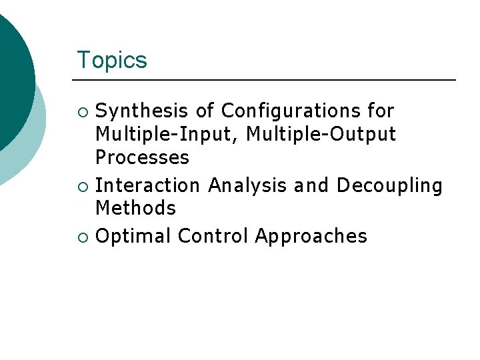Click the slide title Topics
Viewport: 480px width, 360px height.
tap(111, 60)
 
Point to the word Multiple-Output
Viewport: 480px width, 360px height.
tap(321, 135)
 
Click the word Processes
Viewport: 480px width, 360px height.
tap(142, 158)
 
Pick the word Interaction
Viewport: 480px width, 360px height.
tap(148, 185)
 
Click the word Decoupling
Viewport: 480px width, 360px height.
tap(389, 185)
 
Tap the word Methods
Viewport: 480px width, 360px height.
tap(135, 208)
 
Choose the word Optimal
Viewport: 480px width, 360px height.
tap(133, 236)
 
